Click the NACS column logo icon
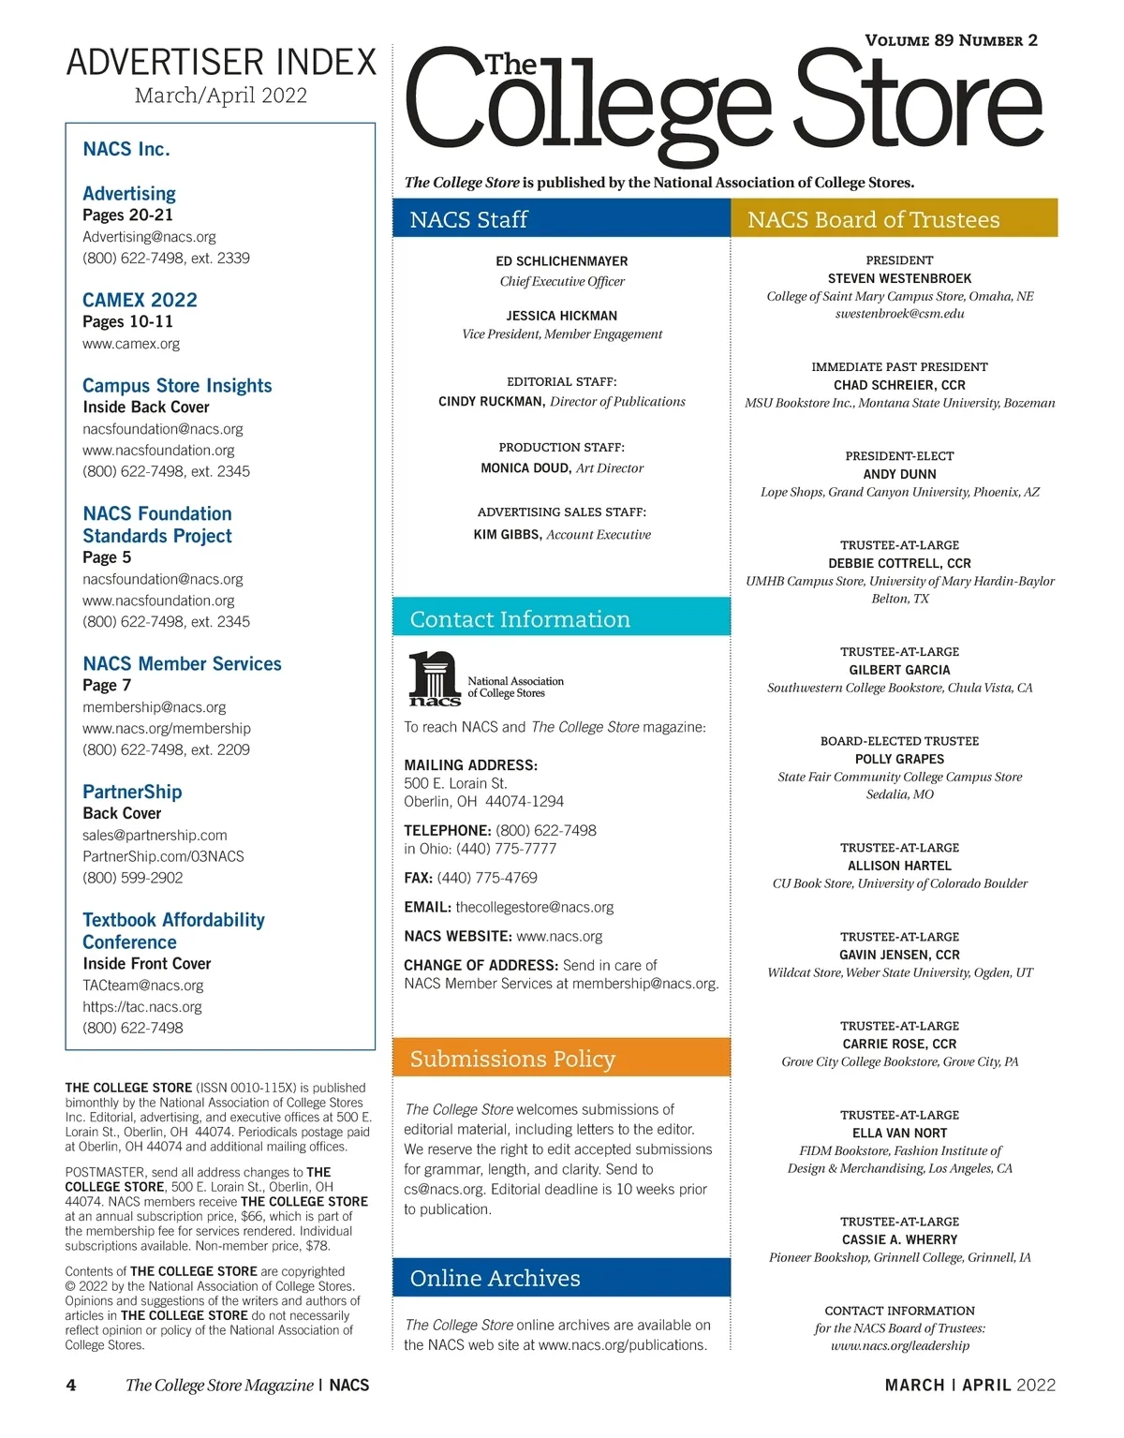(434, 678)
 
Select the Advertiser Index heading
(221, 62)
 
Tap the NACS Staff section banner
(561, 219)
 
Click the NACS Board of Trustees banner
(894, 219)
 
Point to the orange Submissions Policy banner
(561, 1059)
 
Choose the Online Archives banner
(561, 1278)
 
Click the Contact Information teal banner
(561, 619)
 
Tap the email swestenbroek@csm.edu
(899, 314)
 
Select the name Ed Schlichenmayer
(562, 261)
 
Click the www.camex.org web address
(131, 344)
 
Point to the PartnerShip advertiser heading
(132, 792)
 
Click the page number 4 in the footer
(71, 1385)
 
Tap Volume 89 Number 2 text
(951, 40)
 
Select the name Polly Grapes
(899, 759)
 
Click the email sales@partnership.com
(155, 835)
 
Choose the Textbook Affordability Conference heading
(173, 930)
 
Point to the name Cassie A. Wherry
(899, 1239)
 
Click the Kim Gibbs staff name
(507, 534)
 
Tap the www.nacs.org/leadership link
(899, 1345)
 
